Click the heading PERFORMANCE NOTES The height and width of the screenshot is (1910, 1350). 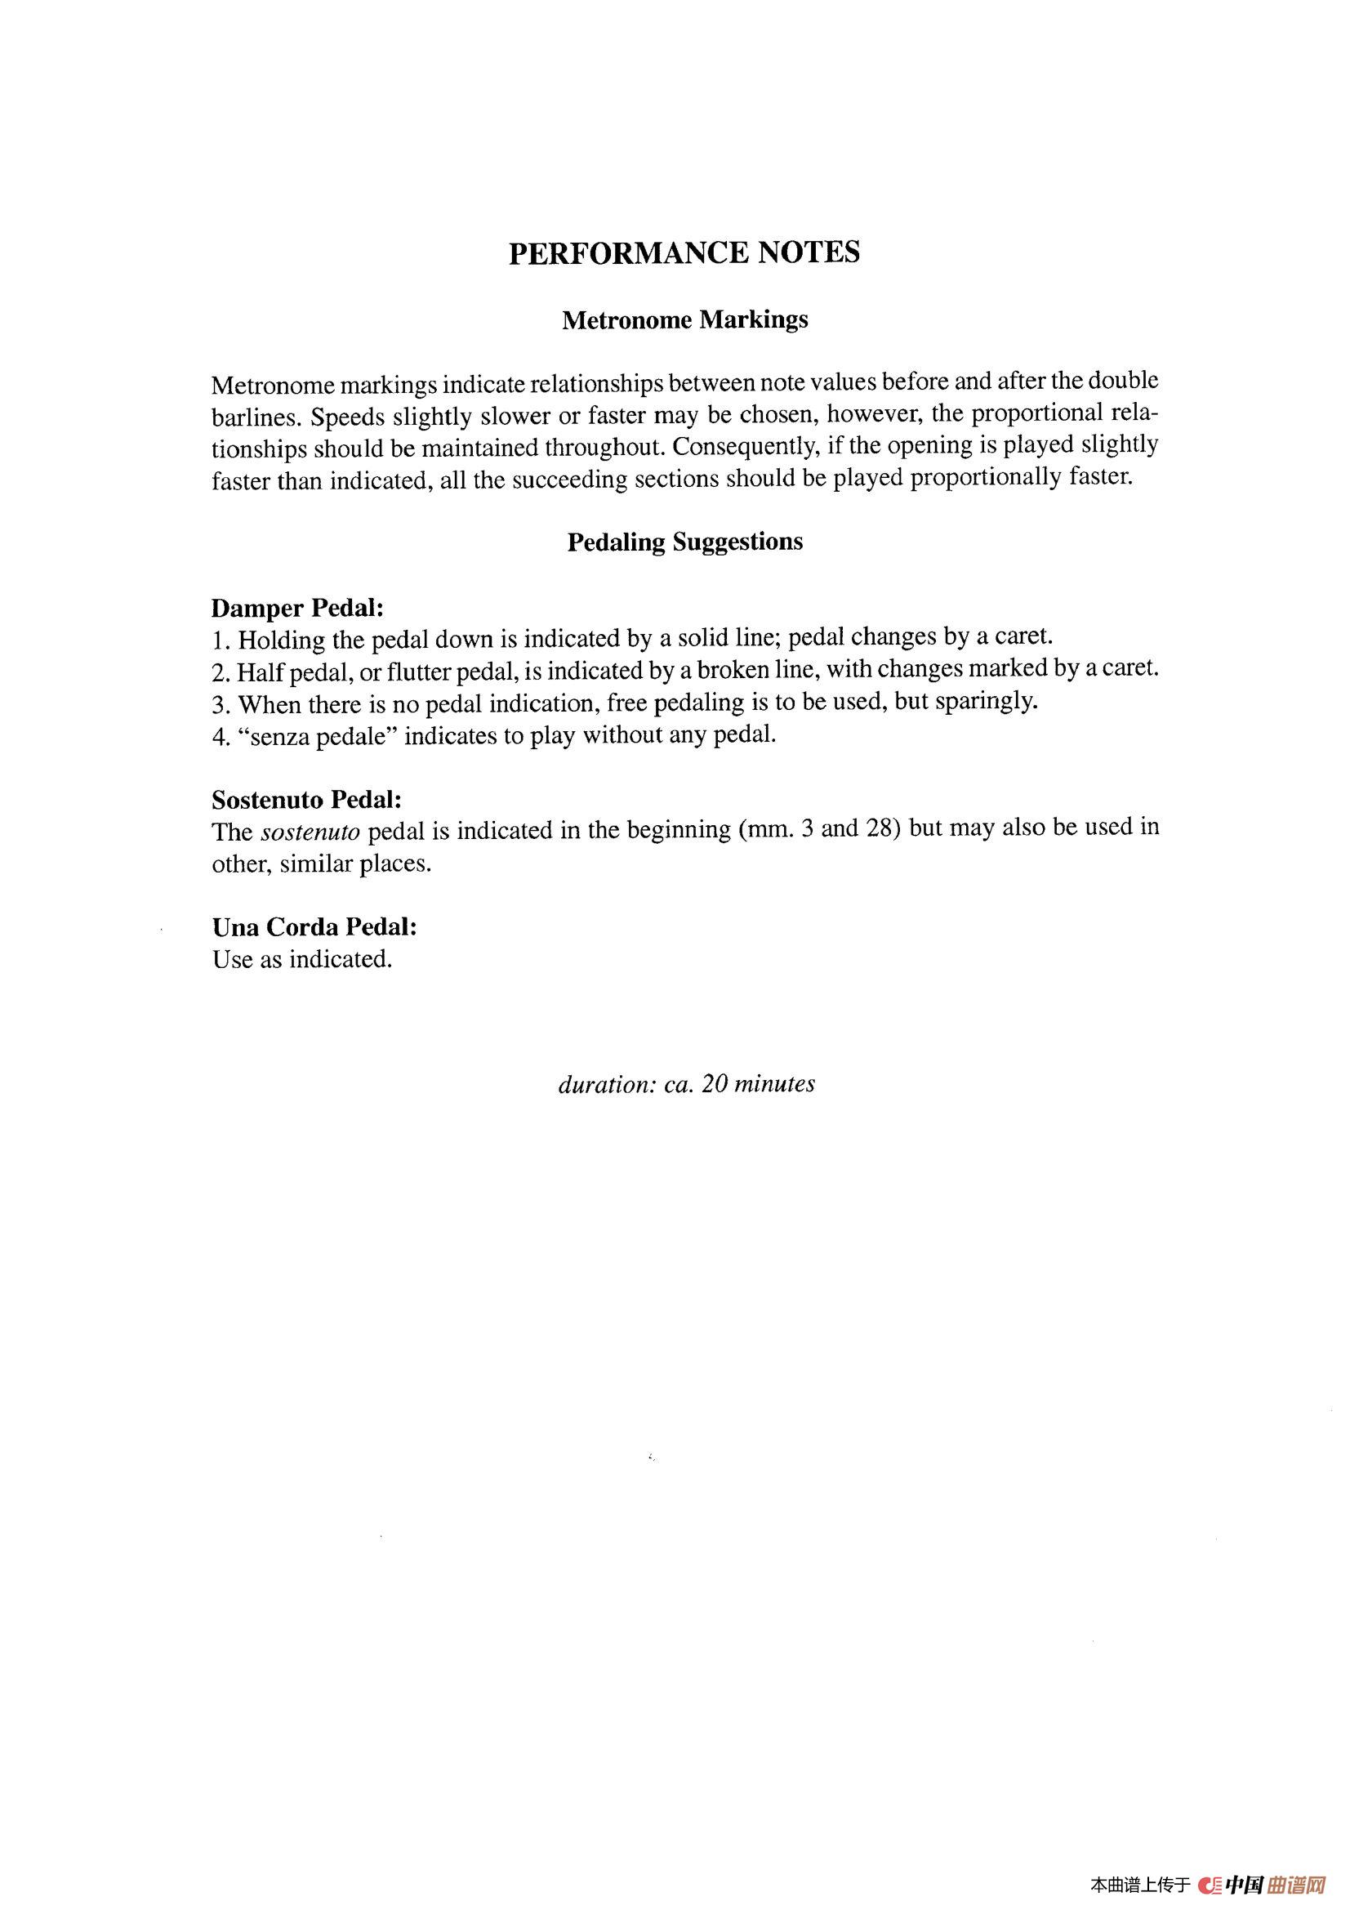point(684,252)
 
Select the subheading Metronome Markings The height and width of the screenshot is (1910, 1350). point(684,320)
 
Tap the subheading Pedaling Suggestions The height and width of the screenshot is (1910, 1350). point(684,542)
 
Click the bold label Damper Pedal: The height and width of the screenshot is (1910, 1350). point(297,608)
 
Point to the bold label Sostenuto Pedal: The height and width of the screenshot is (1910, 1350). point(307,801)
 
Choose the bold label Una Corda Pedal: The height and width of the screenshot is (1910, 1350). point(314,926)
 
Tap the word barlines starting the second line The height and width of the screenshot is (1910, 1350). point(253,417)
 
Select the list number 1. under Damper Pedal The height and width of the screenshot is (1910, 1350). point(221,640)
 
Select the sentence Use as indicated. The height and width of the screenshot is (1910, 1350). point(302,960)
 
